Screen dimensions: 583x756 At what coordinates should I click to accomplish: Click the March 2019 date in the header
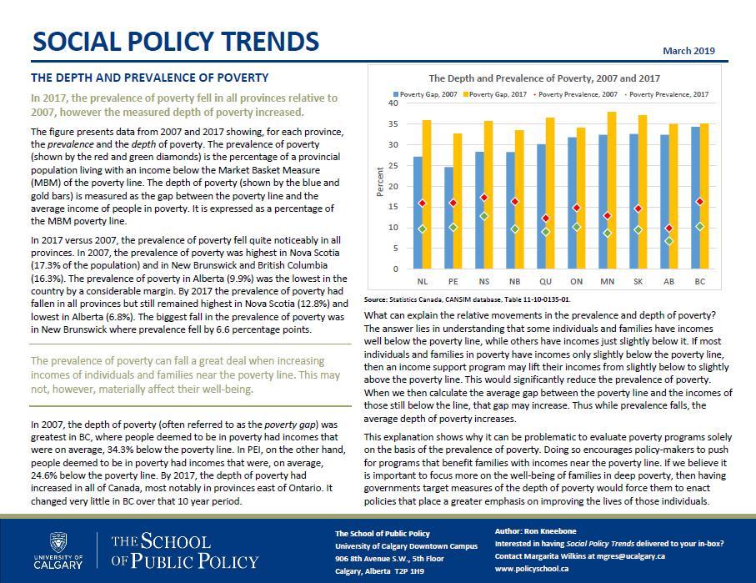pos(688,51)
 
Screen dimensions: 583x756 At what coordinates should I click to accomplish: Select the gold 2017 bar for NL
pos(427,194)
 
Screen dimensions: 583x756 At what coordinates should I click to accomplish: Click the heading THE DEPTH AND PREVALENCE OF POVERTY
pos(149,78)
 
